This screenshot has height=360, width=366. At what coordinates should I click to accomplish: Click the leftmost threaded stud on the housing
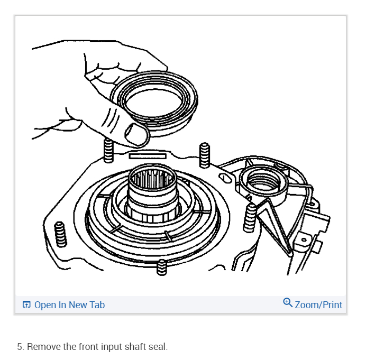pos(60,235)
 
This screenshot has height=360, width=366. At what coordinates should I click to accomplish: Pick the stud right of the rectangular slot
pos(205,155)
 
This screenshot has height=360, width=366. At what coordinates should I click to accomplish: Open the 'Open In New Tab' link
pos(69,305)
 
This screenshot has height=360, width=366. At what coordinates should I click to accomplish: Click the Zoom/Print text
pos(318,305)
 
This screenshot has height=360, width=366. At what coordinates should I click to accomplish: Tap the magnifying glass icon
pos(288,303)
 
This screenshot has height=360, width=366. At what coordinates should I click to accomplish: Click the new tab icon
pos(26,305)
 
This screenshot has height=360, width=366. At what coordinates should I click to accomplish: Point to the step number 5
pos(20,347)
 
